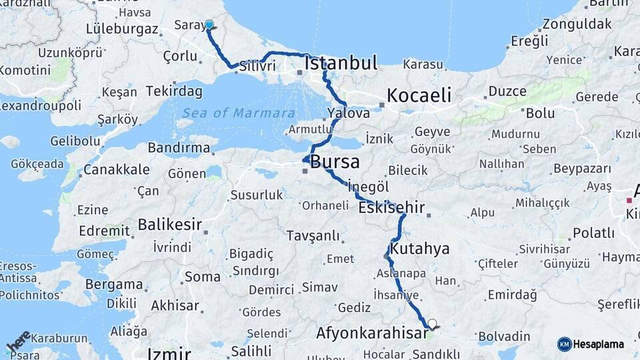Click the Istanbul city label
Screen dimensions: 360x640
(x=341, y=63)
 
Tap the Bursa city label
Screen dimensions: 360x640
(x=335, y=161)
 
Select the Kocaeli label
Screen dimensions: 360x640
(x=419, y=95)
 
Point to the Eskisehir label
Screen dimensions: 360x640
(x=391, y=208)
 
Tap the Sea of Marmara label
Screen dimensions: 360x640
(x=239, y=113)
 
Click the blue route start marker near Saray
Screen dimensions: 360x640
(x=209, y=25)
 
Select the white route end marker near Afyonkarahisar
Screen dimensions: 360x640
(x=432, y=324)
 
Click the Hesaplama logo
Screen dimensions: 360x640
(x=591, y=344)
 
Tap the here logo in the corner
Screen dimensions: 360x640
(x=19, y=342)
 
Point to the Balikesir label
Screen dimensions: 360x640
(x=169, y=225)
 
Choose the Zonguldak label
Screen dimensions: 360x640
(x=577, y=24)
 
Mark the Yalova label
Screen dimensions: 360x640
(x=348, y=113)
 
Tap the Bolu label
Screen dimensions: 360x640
(x=540, y=113)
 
